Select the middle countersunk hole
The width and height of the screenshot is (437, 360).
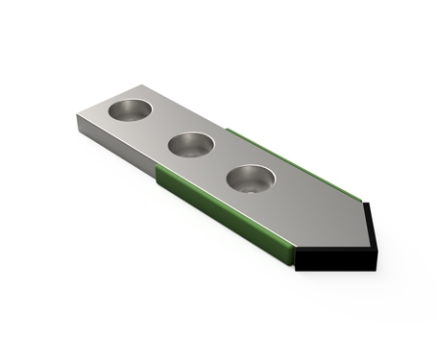(x=192, y=146)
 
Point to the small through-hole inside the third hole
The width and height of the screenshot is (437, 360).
(x=253, y=187)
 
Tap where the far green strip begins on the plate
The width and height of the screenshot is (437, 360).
(x=231, y=129)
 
